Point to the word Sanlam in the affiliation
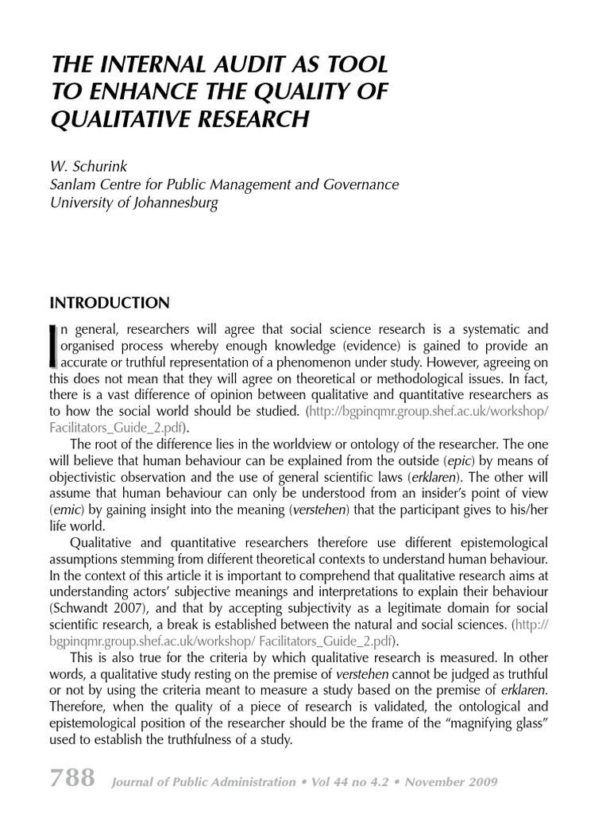(x=74, y=185)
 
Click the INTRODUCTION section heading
(x=110, y=303)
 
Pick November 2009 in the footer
(x=454, y=782)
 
